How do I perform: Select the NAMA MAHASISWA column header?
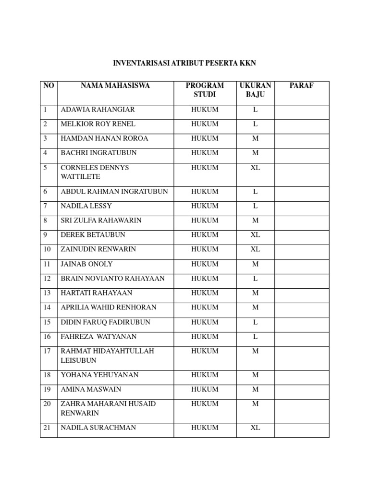tap(115, 86)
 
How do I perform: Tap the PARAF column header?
tap(302, 86)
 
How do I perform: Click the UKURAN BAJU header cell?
tap(255, 90)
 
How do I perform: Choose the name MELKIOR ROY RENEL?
tap(92, 124)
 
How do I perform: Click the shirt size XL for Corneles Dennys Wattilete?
tap(255, 168)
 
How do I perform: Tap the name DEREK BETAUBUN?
tap(93, 235)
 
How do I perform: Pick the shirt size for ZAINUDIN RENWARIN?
tap(255, 249)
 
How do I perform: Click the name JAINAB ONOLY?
tap(87, 264)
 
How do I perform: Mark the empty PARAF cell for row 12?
tap(302, 279)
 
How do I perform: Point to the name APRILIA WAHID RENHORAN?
tap(109, 307)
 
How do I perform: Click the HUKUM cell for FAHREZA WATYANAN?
tap(205, 337)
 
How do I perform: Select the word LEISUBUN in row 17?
tap(79, 360)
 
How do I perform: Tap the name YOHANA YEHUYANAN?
tap(99, 375)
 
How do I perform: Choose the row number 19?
tap(47, 389)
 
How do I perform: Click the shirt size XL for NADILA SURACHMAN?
tap(255, 428)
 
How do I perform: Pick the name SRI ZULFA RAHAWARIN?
tap(101, 221)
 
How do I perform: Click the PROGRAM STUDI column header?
tap(205, 90)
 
